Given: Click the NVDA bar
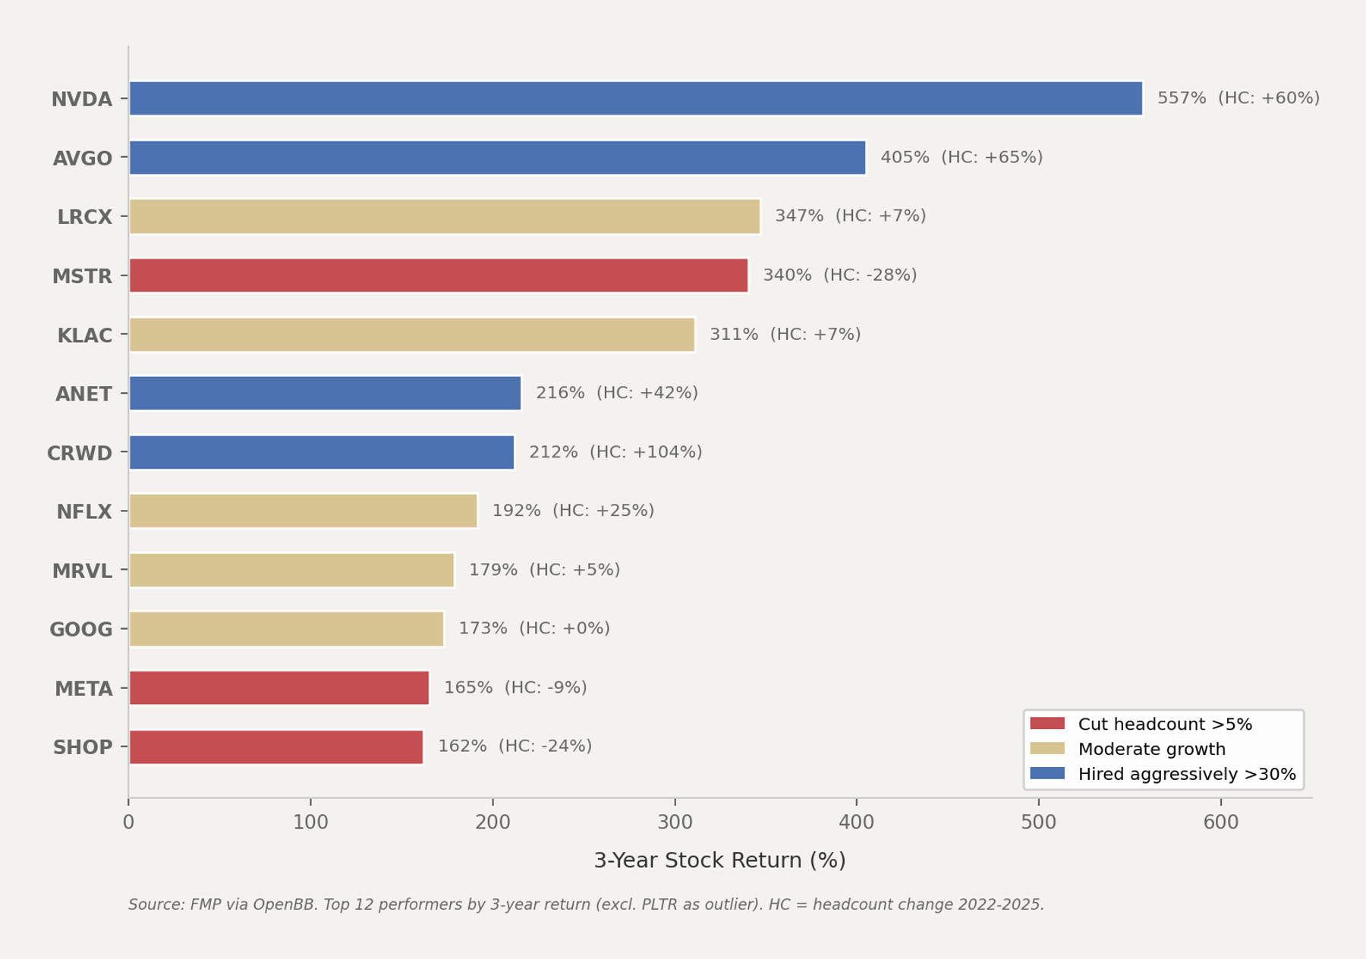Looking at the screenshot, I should coord(636,99).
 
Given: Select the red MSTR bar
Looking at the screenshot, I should coord(439,275).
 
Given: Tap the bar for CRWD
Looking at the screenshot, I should coord(322,452).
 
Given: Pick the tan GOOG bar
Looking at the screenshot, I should coord(286,629).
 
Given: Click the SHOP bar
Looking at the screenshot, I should coord(276,747).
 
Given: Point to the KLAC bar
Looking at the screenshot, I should coord(412,335).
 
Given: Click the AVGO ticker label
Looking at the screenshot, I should coord(83,159).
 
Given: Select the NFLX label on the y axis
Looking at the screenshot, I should coord(84,512).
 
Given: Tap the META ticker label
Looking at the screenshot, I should coord(83,689).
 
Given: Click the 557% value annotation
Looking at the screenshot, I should coord(1181,98).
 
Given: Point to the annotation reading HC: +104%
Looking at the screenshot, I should coord(646,452).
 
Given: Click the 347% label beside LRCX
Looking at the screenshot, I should coord(798,216).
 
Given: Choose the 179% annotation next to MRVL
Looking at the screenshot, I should coord(493,570).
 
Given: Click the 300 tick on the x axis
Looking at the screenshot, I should coord(675,822).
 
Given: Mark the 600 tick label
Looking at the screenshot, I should coord(1220,822).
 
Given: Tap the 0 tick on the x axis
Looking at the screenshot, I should coord(128,822).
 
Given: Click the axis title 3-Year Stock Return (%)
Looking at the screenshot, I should coord(719,860).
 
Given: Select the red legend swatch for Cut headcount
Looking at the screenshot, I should coord(1047,724).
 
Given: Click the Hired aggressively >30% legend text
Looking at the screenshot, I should coord(1186,775).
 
